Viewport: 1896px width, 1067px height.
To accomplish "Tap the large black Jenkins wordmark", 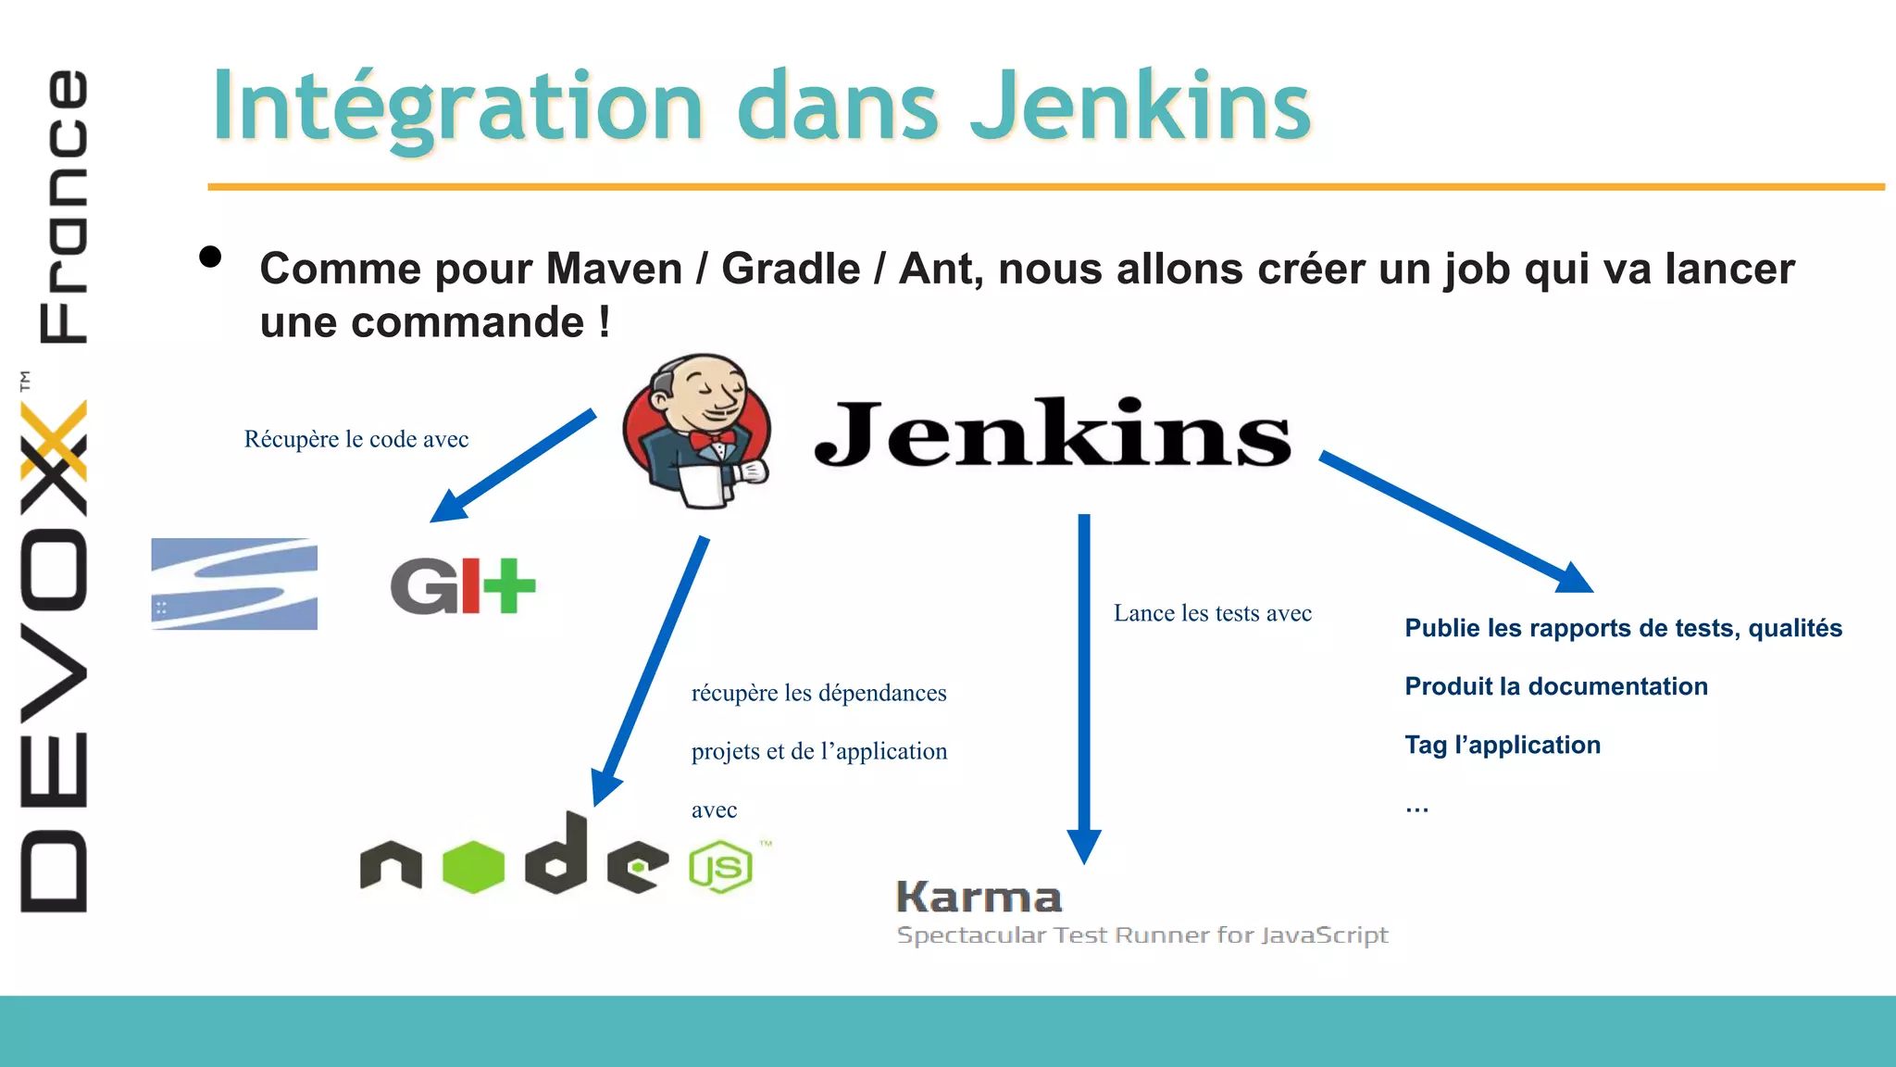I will [x=1053, y=433].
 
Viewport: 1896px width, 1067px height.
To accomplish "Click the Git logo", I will [x=463, y=585].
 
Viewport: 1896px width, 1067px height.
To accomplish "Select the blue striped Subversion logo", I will [x=234, y=584].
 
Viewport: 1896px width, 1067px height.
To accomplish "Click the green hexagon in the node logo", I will [x=473, y=867].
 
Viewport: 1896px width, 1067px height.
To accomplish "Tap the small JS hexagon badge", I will [x=720, y=868].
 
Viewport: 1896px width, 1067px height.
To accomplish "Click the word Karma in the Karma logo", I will [x=979, y=897].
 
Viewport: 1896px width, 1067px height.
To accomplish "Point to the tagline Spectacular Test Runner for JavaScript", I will [x=1142, y=935].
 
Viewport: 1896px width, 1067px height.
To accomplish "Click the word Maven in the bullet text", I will [x=614, y=269].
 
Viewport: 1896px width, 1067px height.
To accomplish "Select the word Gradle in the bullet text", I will [x=791, y=269].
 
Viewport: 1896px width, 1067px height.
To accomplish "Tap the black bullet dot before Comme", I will [x=210, y=257].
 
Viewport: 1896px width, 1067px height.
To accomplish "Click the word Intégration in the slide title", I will [x=458, y=107].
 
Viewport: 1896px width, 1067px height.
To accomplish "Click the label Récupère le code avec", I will [x=356, y=439].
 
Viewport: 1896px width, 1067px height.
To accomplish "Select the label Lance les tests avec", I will [x=1212, y=613].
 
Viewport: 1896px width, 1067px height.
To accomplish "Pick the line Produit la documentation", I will [x=1555, y=686].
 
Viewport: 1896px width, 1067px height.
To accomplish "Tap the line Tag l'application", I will [x=1502, y=745].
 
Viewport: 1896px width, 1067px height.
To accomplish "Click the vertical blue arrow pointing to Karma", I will [x=1084, y=685].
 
